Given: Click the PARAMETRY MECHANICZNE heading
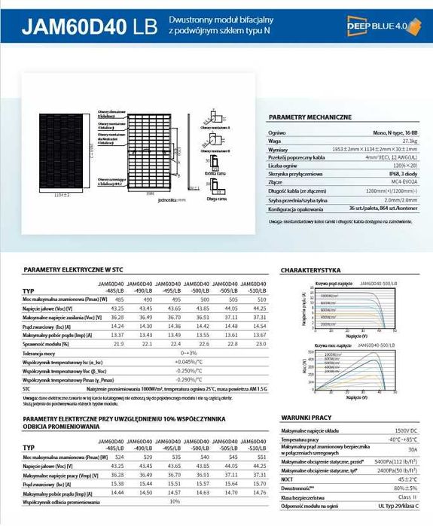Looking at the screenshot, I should pyautogui.click(x=310, y=117).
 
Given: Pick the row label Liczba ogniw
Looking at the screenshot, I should pyautogui.click(x=283, y=164).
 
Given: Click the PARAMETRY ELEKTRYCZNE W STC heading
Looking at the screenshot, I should pyautogui.click(x=73, y=269).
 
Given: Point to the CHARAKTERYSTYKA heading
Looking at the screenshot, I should pyautogui.click(x=311, y=269).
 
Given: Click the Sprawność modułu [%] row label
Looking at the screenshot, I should pyautogui.click(x=49, y=344).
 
